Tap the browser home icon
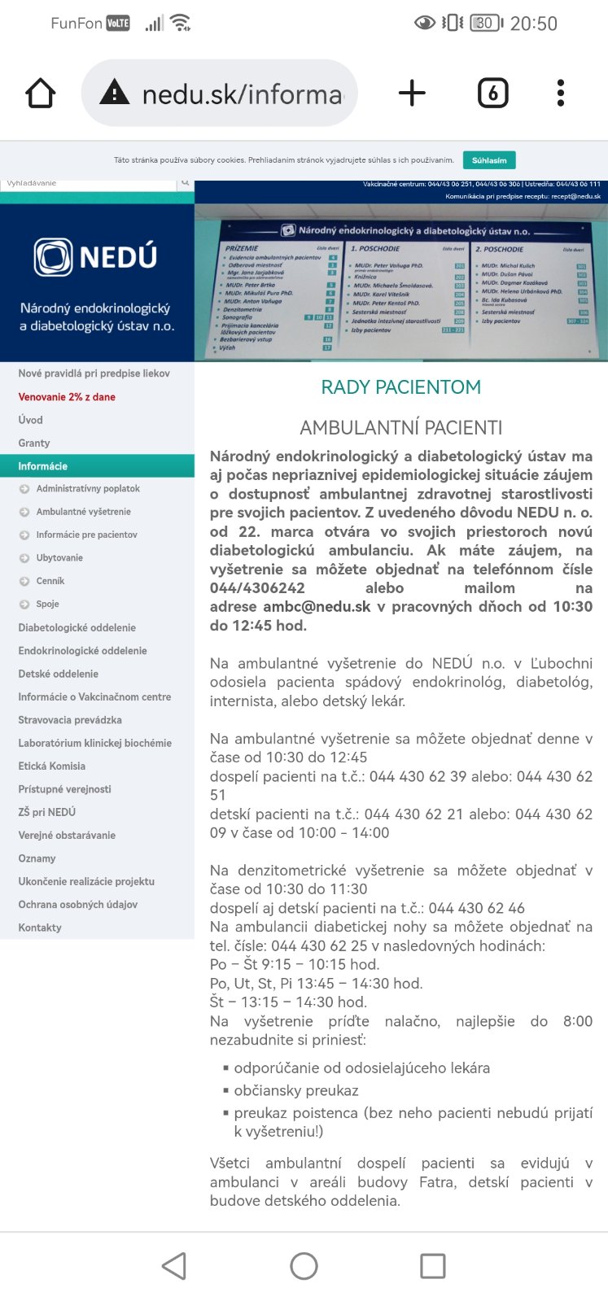pyautogui.click(x=40, y=94)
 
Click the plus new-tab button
pyautogui.click(x=412, y=94)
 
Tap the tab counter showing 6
pyautogui.click(x=492, y=94)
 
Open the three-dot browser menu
pyautogui.click(x=560, y=94)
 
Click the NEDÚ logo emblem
pyautogui.click(x=54, y=257)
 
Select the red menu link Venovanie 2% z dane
pyautogui.click(x=67, y=397)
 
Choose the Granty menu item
pyautogui.click(x=34, y=443)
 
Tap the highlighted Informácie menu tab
pyautogui.click(x=43, y=466)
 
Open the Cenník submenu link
pyautogui.click(x=50, y=581)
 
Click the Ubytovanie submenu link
pyautogui.click(x=59, y=558)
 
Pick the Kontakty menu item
pyautogui.click(x=40, y=928)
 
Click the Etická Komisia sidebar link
pyautogui.click(x=52, y=766)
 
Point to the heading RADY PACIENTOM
pyautogui.click(x=400, y=387)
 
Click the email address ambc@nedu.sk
pyautogui.click(x=317, y=607)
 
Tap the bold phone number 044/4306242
pyautogui.click(x=257, y=588)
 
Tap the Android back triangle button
pyautogui.click(x=174, y=1266)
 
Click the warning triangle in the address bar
pyautogui.click(x=114, y=94)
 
